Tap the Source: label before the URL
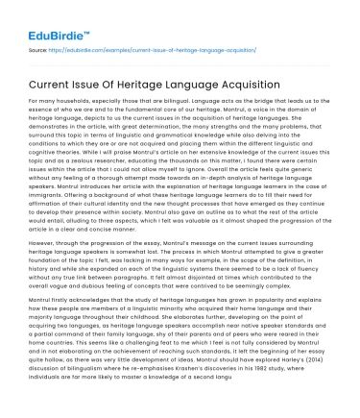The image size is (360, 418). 38,47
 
